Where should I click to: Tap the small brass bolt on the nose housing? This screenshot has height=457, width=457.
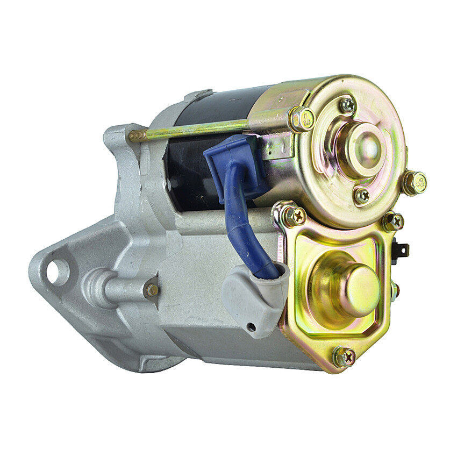(x=152, y=290)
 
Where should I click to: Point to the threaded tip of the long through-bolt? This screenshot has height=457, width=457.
(x=135, y=135)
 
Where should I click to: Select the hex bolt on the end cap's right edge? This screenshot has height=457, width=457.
(x=415, y=182)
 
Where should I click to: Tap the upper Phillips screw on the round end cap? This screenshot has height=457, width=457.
(x=348, y=105)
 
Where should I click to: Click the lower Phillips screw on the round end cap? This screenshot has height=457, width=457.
(x=362, y=195)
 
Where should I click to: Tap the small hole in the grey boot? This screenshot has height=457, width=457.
(x=251, y=327)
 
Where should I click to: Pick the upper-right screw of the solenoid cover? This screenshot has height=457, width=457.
(x=393, y=220)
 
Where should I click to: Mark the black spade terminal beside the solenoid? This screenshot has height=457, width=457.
(x=402, y=250)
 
